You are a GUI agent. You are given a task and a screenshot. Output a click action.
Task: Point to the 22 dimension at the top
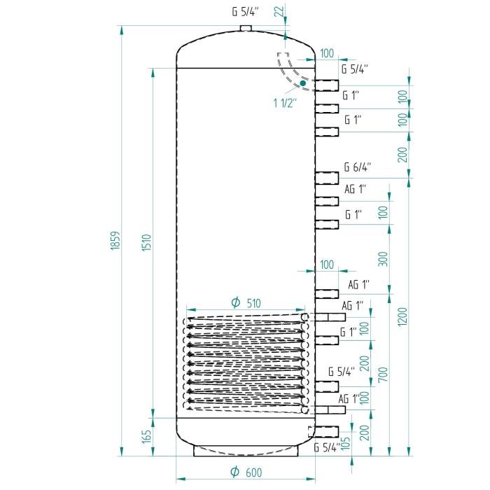click(279, 10)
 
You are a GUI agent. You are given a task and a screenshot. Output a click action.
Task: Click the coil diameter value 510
click(253, 303)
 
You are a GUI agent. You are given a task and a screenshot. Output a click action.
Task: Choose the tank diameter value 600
click(253, 472)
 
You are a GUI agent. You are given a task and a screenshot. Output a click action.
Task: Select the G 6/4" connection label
click(357, 167)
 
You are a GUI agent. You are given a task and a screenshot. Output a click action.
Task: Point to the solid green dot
click(302, 83)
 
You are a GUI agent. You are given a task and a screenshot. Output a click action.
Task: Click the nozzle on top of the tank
click(245, 28)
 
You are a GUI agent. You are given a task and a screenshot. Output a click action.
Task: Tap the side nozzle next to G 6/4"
click(327, 178)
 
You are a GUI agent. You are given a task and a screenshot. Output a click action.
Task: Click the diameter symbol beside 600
click(235, 472)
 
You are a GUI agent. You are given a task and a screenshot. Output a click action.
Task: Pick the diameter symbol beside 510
click(235, 303)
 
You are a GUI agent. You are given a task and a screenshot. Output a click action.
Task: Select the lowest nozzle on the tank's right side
click(327, 430)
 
